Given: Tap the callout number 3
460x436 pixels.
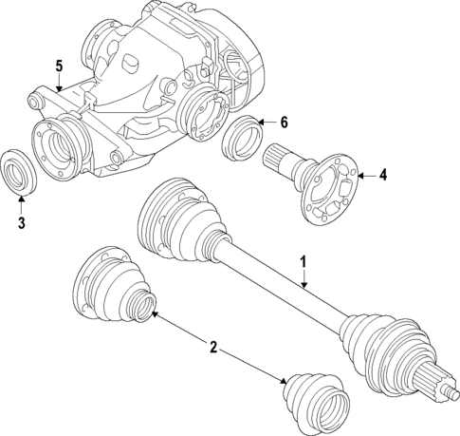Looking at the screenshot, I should pyautogui.click(x=22, y=224).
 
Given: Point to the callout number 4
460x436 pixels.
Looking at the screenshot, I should pyautogui.click(x=382, y=174).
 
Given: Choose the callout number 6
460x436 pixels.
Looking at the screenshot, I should pyautogui.click(x=284, y=122).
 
